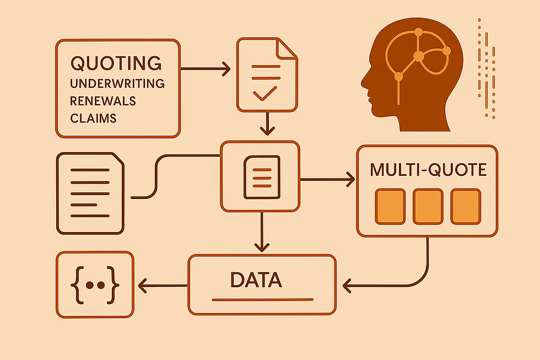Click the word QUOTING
coord(116,62)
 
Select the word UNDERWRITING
coord(117,83)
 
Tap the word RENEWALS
coord(103,101)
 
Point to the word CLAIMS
coord(94,118)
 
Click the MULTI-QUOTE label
coord(428,169)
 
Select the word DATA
coord(256,280)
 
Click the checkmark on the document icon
coord(265,93)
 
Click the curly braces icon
coord(95,286)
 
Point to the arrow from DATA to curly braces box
coord(163,285)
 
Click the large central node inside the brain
coord(418,56)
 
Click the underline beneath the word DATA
coord(262,300)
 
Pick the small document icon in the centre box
coord(258,176)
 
